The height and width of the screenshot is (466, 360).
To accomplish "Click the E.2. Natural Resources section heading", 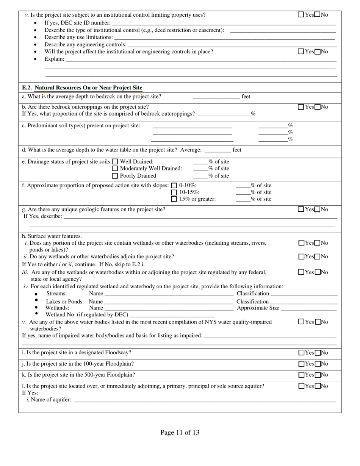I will point(82,88).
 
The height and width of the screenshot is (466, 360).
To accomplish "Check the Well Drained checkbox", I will point(115,162).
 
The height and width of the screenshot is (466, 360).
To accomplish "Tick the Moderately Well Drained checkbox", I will point(115,169).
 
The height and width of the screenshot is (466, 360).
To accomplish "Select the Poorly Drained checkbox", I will point(115,176).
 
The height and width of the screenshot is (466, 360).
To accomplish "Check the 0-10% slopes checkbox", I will point(174,186).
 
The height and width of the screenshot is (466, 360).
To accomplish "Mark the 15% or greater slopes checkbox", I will point(174,199).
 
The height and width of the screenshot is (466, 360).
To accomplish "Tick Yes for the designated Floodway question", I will point(301,353).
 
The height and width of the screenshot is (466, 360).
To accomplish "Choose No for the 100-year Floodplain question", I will point(318,364).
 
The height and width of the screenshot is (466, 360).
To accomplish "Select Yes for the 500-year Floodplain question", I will point(301,375).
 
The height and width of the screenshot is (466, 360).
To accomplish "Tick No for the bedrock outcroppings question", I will point(318,107).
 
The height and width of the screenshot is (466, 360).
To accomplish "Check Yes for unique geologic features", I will point(301,209).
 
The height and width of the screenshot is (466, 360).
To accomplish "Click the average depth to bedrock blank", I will point(216,97).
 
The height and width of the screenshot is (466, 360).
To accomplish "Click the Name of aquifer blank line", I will point(205,400).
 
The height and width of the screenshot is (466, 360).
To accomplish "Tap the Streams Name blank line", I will point(169,294).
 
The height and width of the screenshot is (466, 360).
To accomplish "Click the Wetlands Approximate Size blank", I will point(308,308).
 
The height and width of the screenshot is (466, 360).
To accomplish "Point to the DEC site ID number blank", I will point(224,23).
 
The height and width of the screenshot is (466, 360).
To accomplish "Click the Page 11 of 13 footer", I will point(180,433).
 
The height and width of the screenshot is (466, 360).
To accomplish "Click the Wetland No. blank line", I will point(172,315).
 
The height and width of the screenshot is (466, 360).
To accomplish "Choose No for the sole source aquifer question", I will point(318,386).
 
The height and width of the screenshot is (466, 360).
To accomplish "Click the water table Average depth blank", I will point(217,150).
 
